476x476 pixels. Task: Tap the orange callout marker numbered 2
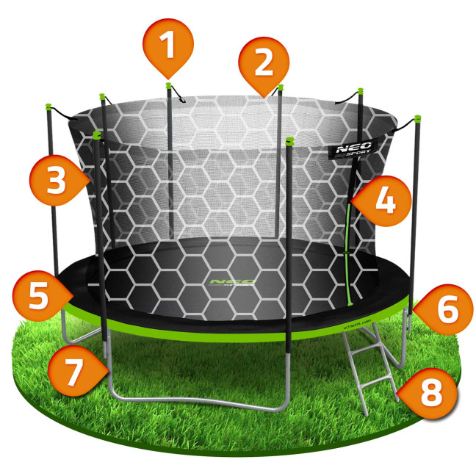click(x=263, y=62)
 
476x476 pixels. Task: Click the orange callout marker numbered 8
click(x=430, y=394)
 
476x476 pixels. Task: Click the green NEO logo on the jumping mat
click(x=232, y=281)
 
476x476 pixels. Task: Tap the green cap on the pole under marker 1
click(x=168, y=85)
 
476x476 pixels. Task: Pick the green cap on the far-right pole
click(x=416, y=118)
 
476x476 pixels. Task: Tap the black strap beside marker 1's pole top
click(x=179, y=95)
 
